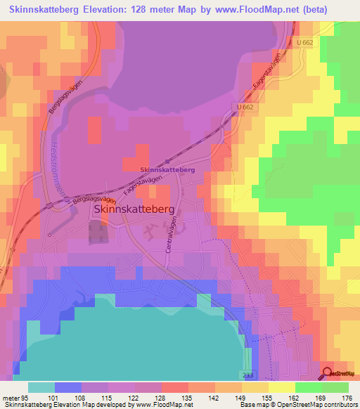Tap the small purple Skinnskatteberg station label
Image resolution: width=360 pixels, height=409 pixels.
point(167,170)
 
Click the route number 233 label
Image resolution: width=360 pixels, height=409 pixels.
point(246,375)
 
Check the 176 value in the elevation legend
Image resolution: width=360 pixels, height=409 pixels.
point(347,398)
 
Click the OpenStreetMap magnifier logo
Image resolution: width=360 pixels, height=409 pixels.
point(328,374)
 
